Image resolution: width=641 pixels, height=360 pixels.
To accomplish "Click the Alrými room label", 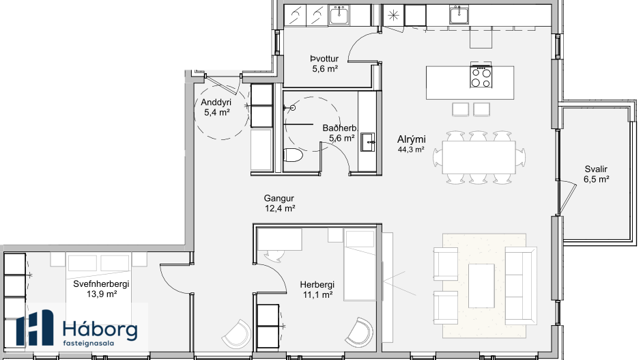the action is [x=411, y=139].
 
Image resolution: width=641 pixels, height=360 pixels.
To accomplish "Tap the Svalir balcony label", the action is [x=596, y=169].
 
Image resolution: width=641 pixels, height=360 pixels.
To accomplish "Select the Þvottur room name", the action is [x=324, y=59].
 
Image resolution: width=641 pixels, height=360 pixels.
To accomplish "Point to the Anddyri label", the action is [x=216, y=102].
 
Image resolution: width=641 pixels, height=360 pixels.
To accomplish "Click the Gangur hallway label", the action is [x=279, y=198].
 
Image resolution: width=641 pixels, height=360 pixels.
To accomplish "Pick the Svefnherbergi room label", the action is [x=101, y=284].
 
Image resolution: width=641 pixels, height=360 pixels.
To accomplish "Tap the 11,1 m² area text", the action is [x=317, y=294].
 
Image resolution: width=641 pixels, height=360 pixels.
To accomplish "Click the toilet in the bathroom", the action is [x=293, y=156].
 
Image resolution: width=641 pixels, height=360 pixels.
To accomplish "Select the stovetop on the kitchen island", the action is [x=481, y=77].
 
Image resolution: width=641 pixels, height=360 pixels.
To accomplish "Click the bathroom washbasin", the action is [x=367, y=142].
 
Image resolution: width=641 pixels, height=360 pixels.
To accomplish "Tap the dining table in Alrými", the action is [x=479, y=157].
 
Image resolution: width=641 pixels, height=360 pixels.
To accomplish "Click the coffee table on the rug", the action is [x=481, y=286].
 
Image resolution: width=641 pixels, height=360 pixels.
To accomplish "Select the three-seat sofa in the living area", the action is [x=521, y=286].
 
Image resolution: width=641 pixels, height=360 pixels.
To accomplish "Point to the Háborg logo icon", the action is [x=35, y=328].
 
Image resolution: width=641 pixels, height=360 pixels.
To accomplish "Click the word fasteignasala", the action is [x=88, y=343].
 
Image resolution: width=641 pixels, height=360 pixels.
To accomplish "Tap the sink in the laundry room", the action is [x=339, y=16].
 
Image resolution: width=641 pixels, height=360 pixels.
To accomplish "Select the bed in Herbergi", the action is [x=359, y=264].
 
